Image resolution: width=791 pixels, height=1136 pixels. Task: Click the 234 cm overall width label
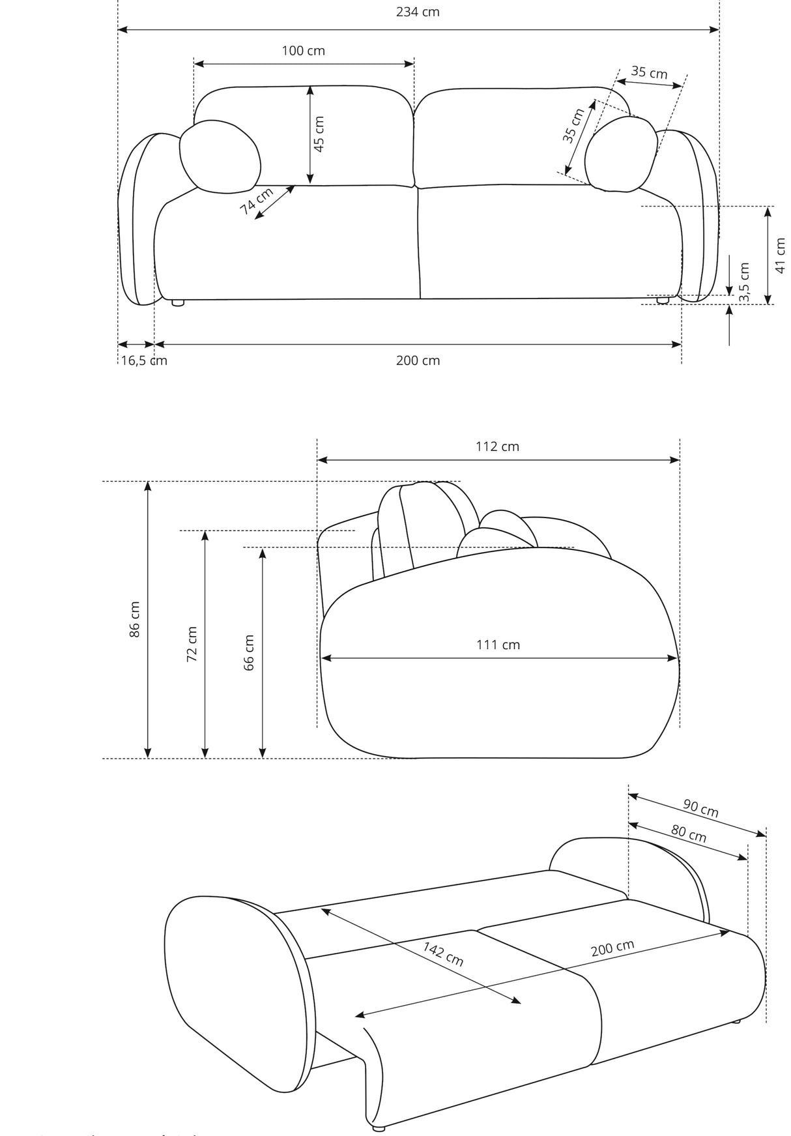point(418,12)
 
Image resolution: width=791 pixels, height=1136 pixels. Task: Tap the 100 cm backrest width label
point(303,51)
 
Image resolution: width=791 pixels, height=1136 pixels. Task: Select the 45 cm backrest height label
point(319,134)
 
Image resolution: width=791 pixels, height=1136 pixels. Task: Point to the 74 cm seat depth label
point(257,201)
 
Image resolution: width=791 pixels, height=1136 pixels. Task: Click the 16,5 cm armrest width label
point(143,361)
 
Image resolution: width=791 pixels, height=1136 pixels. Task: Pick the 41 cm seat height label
point(781,255)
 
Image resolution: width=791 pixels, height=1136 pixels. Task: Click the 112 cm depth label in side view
point(497,446)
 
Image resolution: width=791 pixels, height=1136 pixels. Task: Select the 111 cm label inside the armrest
point(498,645)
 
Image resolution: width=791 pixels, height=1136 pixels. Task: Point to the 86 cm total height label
point(135,619)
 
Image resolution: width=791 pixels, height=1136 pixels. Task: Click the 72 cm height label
point(192,645)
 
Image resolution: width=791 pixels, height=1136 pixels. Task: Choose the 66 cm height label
point(249,652)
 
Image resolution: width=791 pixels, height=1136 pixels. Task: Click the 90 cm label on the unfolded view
point(701,808)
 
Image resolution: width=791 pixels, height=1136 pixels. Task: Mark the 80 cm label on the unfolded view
point(689,834)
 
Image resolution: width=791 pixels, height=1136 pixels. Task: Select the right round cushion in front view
point(621,154)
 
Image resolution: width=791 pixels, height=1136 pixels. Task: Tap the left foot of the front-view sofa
point(177,302)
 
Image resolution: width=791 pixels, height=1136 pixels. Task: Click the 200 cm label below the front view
point(418,361)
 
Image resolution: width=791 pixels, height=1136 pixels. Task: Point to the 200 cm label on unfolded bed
point(612,948)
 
